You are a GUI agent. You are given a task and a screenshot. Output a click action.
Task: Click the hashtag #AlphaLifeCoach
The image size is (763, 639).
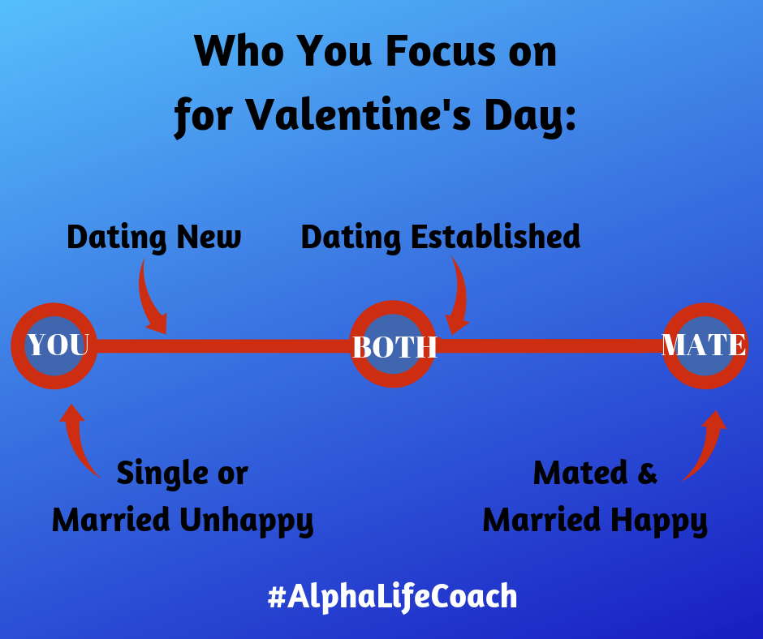pos(392,597)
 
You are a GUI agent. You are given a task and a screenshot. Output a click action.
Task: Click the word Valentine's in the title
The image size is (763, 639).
pos(358,115)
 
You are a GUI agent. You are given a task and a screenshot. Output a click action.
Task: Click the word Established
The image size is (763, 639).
pos(495,237)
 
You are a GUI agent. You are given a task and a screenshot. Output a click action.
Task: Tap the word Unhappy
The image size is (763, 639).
pos(247,521)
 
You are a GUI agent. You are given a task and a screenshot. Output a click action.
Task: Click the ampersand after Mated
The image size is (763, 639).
pos(647,473)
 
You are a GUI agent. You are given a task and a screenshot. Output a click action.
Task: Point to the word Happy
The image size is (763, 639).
pos(659,521)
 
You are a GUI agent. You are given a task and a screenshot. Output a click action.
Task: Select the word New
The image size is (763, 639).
pos(209,238)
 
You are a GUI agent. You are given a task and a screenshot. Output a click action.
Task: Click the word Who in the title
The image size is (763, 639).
pos(239,51)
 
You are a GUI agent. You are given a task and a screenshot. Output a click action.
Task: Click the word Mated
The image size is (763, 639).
pos(580,473)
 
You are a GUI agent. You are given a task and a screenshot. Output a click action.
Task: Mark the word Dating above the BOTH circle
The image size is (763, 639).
pos(351,238)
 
